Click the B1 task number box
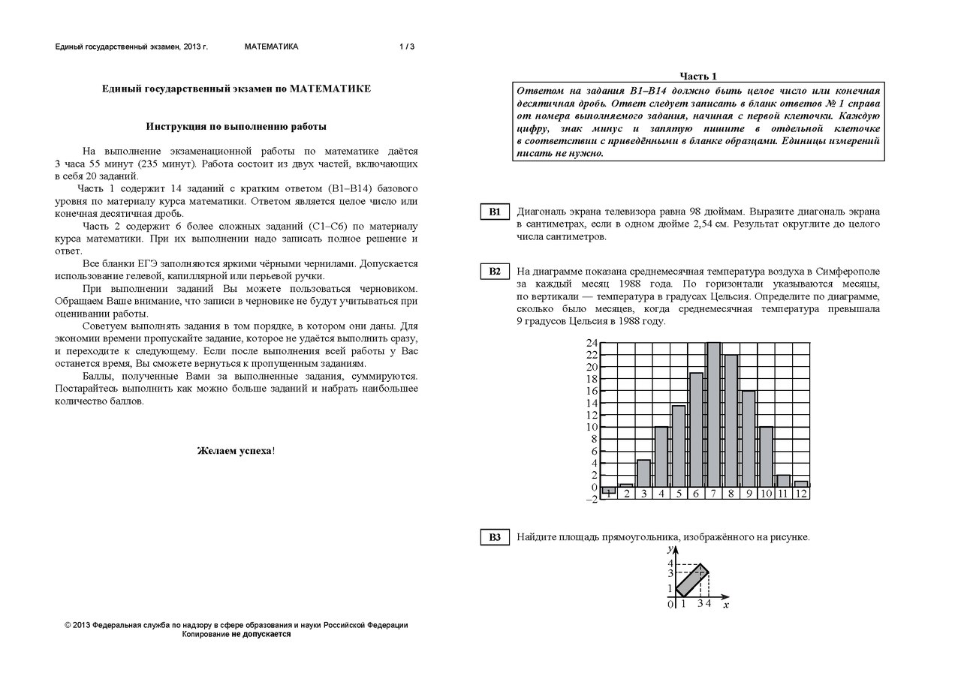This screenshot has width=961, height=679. click(x=495, y=212)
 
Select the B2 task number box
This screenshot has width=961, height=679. click(x=495, y=272)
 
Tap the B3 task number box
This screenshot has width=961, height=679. click(x=495, y=537)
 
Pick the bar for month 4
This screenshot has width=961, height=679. click(x=661, y=457)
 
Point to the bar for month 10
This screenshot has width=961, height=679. click(x=766, y=457)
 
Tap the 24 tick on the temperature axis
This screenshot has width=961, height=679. click(x=592, y=344)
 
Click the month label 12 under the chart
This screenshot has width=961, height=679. click(x=801, y=494)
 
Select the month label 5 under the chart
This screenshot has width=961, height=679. click(x=679, y=494)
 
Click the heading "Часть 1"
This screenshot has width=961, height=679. click(x=698, y=76)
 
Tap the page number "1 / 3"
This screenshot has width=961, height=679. click(x=407, y=47)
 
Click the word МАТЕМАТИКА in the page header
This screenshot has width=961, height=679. click(x=271, y=47)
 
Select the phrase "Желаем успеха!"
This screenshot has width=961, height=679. click(x=236, y=451)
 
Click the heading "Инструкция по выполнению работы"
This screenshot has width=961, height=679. click(x=236, y=127)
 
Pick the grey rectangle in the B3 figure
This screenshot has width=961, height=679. click(x=692, y=581)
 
